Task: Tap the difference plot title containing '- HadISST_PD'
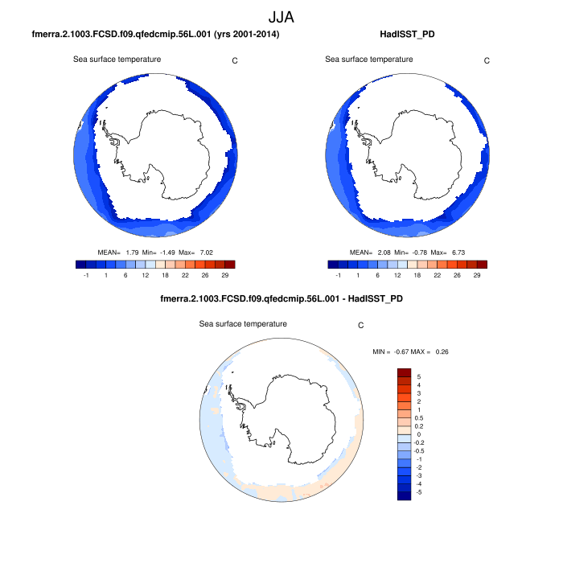281,299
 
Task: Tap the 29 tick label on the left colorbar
230,275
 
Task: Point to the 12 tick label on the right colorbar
399,275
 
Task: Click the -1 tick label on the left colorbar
85,275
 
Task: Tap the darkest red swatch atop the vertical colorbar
405,373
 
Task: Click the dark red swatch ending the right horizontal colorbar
482,264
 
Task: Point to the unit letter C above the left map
235,60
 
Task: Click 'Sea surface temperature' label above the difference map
244,324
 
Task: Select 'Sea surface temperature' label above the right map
369,60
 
